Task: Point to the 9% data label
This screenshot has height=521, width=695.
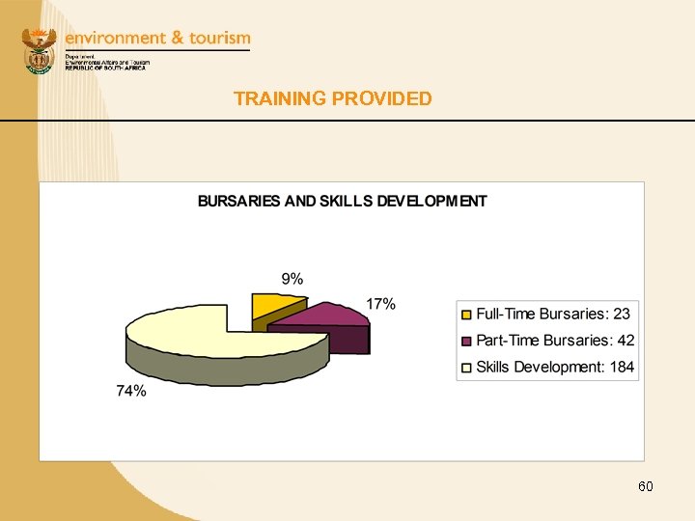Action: point(292,279)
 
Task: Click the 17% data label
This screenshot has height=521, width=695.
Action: point(380,304)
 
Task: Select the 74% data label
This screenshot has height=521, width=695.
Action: point(131,391)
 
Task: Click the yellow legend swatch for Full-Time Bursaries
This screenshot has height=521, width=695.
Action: point(466,315)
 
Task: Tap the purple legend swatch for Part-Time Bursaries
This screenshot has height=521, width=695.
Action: point(466,341)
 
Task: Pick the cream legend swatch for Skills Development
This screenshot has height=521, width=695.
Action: point(466,368)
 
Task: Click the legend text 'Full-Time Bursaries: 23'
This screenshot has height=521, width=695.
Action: point(552,315)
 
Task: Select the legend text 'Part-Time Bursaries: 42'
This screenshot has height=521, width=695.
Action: point(555,341)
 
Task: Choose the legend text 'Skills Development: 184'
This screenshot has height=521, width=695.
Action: point(555,368)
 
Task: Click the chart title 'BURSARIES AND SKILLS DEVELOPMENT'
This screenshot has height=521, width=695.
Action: point(342,202)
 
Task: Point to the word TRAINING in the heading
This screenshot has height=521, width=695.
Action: point(279,98)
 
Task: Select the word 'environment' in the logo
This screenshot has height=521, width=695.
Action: point(115,38)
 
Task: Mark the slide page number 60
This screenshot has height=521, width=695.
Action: point(646,486)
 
